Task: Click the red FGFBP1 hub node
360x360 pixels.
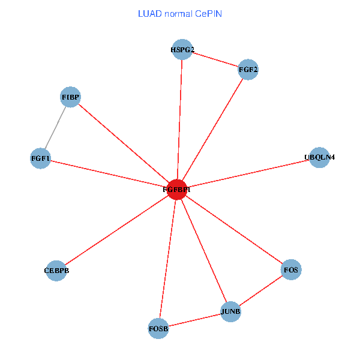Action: tap(176, 189)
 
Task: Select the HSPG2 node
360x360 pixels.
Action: tap(182, 50)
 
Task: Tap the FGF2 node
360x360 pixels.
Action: tap(248, 70)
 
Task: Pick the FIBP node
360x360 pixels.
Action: tap(71, 97)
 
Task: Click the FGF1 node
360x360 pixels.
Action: tap(40, 158)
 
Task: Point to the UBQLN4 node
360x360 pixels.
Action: tap(319, 157)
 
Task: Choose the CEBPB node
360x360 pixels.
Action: tap(56, 270)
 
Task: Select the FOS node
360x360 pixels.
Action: tap(290, 270)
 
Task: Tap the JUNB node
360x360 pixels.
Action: tap(230, 311)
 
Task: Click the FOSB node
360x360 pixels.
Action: tap(158, 328)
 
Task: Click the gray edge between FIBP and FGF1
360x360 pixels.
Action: tap(55, 128)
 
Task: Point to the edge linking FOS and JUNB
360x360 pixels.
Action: tap(260, 291)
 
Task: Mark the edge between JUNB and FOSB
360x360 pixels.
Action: tap(194, 320)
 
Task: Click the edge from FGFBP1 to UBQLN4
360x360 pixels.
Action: tap(248, 173)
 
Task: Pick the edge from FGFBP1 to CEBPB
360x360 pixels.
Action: tap(116, 230)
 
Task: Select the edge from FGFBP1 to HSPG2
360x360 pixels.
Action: tap(179, 119)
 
